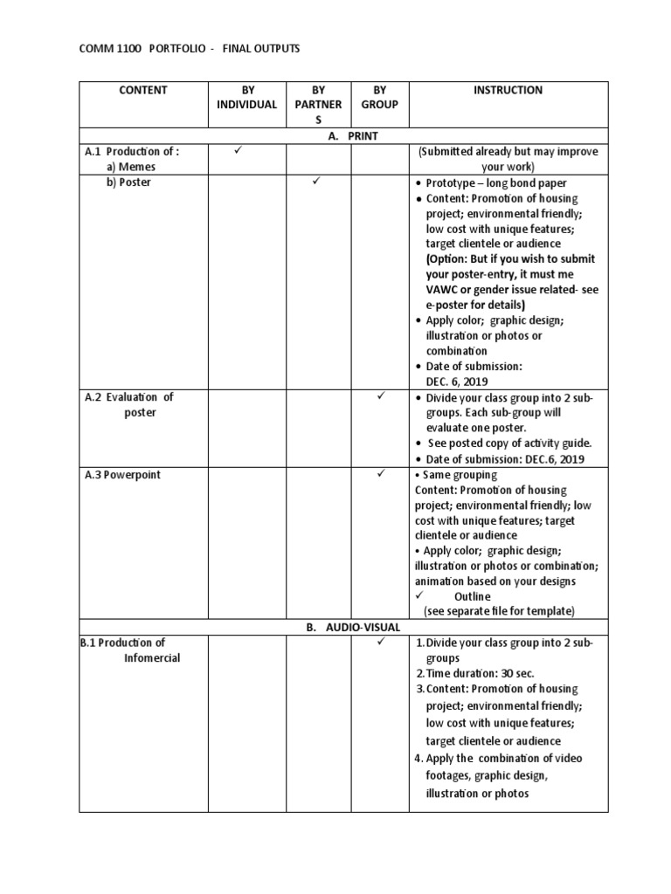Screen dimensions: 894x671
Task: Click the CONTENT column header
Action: [143, 90]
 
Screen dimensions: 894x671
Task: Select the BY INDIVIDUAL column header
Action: [246, 97]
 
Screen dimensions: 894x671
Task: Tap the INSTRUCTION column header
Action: [508, 90]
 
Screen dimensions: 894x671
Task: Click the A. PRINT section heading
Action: [343, 136]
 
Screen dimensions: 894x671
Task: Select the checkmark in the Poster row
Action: [317, 182]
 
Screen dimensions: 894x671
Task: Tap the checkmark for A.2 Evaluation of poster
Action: [381, 396]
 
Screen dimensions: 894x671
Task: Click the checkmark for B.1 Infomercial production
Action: [381, 643]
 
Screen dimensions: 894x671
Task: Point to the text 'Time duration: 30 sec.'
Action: [480, 674]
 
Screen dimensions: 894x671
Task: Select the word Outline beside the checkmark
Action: [472, 596]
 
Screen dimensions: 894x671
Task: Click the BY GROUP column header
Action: [379, 97]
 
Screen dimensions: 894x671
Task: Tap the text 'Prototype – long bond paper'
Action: [496, 183]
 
